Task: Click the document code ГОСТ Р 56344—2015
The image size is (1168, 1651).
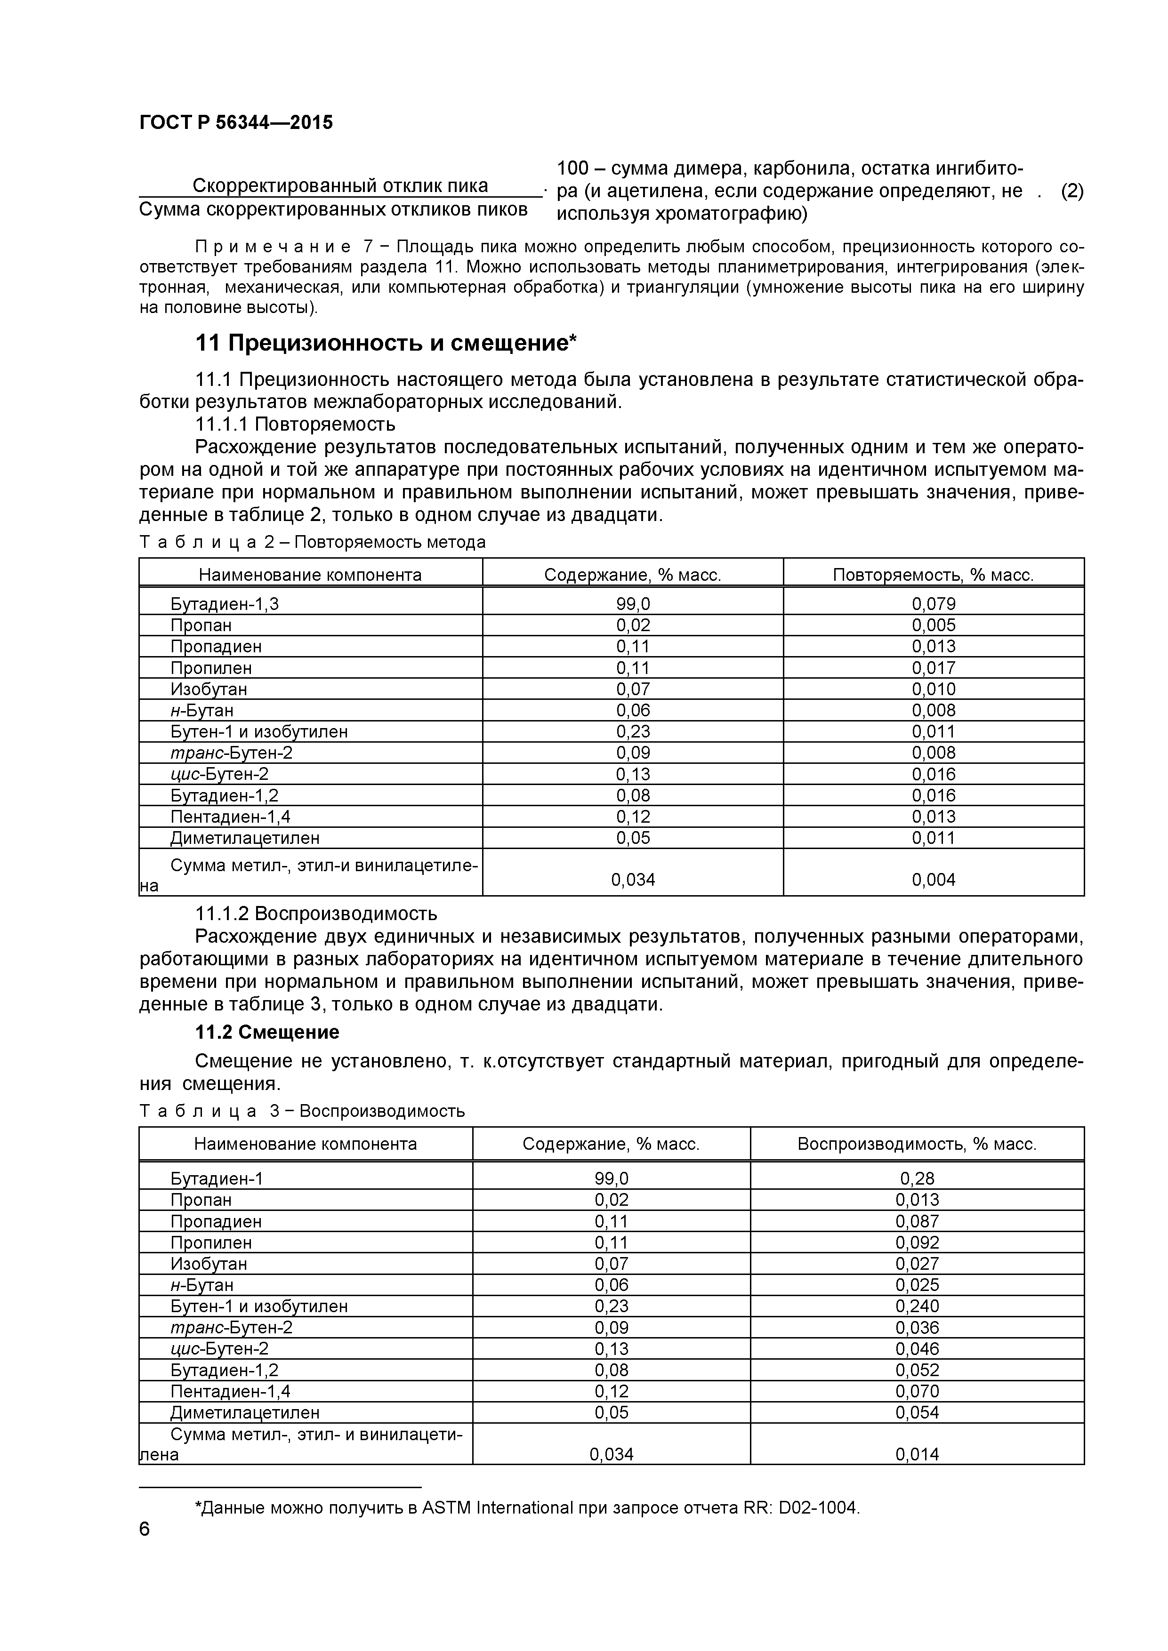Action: tap(236, 123)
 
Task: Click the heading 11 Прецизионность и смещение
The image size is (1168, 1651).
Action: tap(386, 344)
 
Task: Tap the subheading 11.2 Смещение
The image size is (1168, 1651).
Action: tap(267, 1033)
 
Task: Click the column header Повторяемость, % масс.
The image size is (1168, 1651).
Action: tap(933, 575)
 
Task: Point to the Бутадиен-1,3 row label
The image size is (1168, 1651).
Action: tap(225, 604)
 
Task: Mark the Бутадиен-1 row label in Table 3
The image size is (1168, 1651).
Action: tap(217, 1178)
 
